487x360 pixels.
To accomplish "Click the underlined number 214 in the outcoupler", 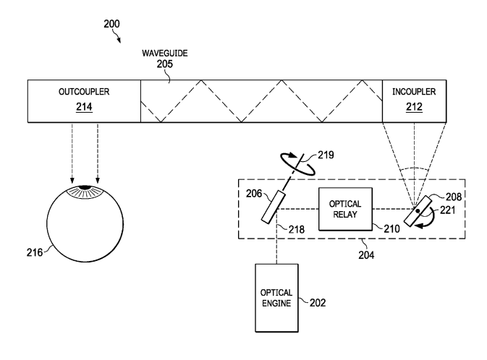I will [x=82, y=107].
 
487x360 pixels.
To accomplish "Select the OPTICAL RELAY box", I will [x=344, y=209].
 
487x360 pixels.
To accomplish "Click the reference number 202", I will [x=315, y=302].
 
